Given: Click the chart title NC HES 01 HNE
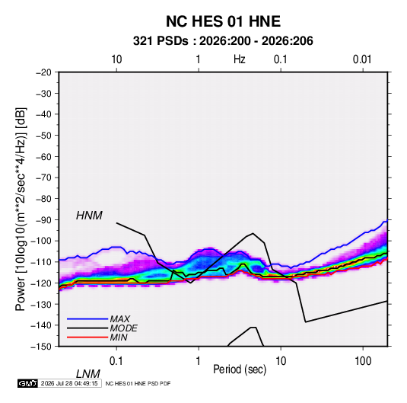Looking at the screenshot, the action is point(223,21).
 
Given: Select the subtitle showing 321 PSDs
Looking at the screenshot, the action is point(223,41).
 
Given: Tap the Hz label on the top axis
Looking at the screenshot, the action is point(240,59).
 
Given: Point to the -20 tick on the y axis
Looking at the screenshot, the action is point(43,72).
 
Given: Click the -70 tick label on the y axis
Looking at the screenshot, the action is point(43,178).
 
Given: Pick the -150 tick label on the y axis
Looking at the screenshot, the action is point(41,347).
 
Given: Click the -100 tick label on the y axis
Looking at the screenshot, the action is point(41,241).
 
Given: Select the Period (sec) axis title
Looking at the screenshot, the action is point(240,369).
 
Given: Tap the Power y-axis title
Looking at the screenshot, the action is point(21,209).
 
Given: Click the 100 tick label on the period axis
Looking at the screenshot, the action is point(363,361).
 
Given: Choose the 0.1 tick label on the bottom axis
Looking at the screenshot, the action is point(116,361).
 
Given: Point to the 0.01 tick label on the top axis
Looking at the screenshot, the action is point(362,59).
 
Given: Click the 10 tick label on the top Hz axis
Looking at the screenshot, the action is point(116,59).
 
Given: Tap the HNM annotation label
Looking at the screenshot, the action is point(89,216).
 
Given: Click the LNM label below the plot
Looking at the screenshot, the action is point(88,374).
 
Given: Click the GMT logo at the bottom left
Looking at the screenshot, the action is point(28,383).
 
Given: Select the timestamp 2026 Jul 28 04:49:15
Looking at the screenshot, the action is point(69,383).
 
